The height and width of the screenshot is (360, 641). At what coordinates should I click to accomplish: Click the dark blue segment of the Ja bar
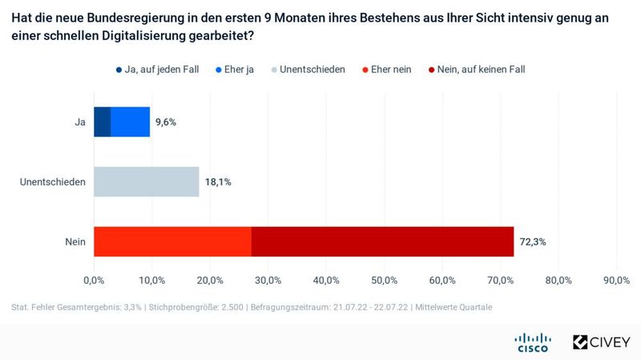[x=102, y=122]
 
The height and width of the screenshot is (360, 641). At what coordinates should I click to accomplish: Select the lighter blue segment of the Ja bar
[x=130, y=122]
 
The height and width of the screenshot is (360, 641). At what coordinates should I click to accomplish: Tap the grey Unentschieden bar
[x=146, y=182]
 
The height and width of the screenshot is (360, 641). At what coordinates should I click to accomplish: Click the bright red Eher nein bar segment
[x=172, y=241]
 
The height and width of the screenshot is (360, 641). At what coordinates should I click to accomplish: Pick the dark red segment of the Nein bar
[x=382, y=241]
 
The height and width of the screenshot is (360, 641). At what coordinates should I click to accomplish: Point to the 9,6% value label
[x=165, y=122]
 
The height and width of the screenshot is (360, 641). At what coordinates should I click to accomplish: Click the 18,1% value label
[x=218, y=182]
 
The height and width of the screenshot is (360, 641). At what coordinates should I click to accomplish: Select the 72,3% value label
[x=533, y=241]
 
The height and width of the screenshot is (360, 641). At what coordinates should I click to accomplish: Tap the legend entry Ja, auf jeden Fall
[x=159, y=70]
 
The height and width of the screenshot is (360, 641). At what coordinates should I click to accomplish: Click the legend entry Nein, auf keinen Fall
[x=481, y=70]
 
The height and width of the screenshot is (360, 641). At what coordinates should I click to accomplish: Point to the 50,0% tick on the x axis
[x=384, y=280]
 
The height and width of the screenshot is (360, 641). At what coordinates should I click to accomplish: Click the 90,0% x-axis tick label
[x=616, y=280]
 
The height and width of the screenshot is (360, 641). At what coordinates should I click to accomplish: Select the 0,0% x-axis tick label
[x=94, y=280]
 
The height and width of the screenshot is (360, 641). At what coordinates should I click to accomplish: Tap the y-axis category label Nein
[x=76, y=241]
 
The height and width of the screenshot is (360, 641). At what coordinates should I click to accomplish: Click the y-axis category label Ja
[x=80, y=122]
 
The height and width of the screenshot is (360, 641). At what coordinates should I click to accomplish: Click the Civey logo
[x=600, y=342]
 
